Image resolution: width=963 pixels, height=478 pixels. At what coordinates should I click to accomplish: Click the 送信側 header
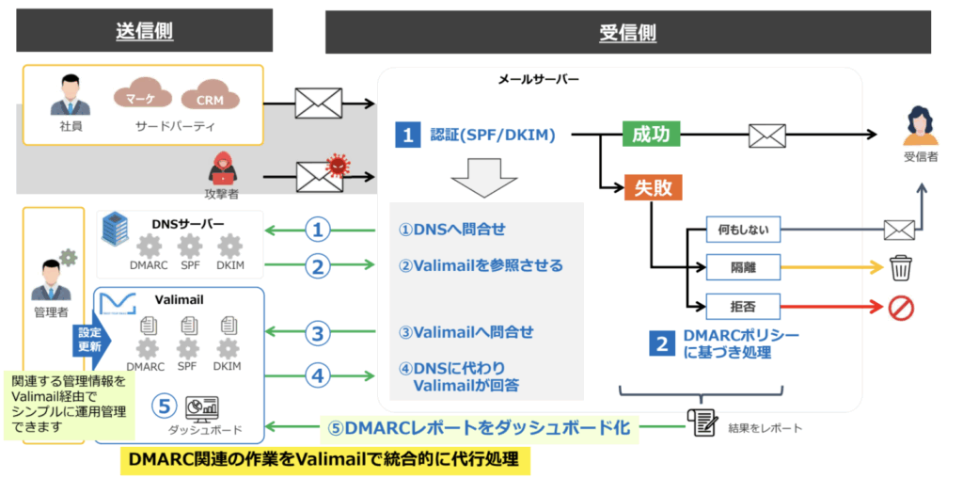click(144, 31)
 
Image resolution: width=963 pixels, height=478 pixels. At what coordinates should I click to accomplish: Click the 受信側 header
click(627, 33)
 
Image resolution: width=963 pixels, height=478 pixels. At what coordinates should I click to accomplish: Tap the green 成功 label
click(651, 134)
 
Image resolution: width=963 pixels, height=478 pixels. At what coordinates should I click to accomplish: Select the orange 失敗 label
click(653, 188)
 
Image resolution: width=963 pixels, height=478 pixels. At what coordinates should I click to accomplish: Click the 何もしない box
click(743, 231)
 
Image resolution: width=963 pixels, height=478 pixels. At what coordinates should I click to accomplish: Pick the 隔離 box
click(743, 268)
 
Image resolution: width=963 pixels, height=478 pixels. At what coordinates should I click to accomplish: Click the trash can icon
click(901, 268)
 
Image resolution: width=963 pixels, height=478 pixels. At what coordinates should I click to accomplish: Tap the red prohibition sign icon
click(901, 306)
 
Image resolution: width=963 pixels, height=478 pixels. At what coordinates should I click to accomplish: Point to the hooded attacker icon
click(221, 167)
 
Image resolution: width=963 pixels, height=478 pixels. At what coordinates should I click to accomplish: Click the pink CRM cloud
click(211, 97)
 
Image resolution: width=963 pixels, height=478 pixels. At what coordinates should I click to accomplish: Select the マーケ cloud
click(143, 96)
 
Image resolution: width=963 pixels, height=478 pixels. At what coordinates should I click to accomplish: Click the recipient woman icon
click(920, 126)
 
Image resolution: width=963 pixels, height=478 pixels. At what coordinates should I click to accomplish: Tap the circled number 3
click(318, 333)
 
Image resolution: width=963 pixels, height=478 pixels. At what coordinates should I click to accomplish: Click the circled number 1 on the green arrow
click(318, 231)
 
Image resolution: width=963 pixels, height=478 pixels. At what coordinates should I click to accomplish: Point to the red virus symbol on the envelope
click(336, 166)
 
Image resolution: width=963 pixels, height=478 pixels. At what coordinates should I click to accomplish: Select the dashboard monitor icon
click(201, 406)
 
